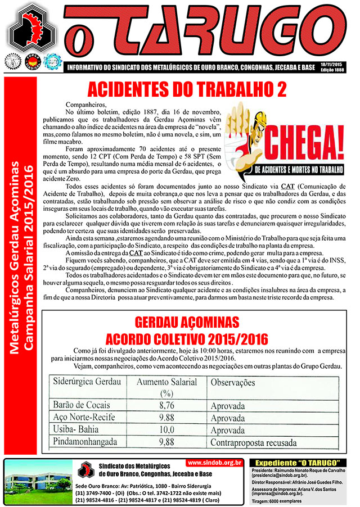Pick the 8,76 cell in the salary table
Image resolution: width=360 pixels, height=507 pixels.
(x=165, y=404)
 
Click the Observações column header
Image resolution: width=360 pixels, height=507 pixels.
(x=238, y=381)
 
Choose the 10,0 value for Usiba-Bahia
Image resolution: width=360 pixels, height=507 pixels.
(x=165, y=430)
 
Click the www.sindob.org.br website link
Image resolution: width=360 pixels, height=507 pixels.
(x=214, y=463)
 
